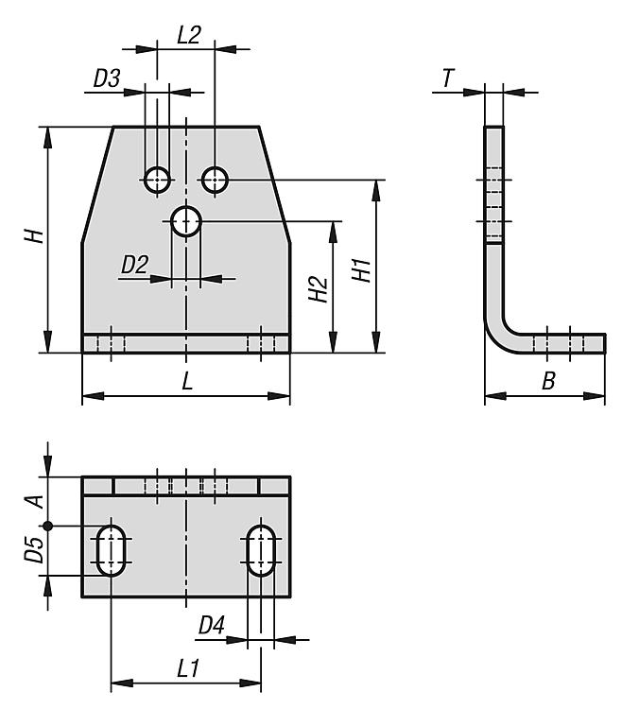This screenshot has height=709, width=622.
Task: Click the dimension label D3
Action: (x=106, y=79)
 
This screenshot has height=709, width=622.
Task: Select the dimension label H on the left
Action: (x=34, y=236)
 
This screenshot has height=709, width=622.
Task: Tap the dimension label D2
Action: (x=134, y=266)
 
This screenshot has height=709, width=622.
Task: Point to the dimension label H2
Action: (x=319, y=288)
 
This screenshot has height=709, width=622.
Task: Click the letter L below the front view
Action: (x=187, y=382)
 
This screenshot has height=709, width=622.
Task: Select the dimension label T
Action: (x=446, y=79)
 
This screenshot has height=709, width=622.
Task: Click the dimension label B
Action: (x=547, y=382)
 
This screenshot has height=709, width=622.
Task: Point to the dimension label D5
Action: (x=34, y=550)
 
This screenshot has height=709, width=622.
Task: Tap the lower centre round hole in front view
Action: (x=186, y=223)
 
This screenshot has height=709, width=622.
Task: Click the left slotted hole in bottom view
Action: (x=112, y=550)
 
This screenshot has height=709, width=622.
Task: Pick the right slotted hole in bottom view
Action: (x=261, y=550)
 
